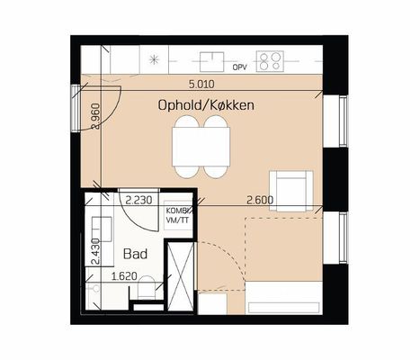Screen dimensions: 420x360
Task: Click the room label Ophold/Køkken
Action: click(206, 105)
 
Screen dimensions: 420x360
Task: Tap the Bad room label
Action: click(135, 254)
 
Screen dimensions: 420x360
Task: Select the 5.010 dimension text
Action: click(201, 85)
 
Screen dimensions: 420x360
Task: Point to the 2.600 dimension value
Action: click(260, 200)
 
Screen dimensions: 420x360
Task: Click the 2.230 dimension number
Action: click(139, 200)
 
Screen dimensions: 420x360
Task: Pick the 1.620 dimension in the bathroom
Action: click(124, 276)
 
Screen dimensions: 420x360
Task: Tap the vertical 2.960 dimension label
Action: click(96, 116)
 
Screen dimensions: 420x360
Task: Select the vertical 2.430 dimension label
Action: click(95, 251)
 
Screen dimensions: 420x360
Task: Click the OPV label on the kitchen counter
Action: click(239, 67)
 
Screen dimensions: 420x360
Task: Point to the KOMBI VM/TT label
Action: click(178, 215)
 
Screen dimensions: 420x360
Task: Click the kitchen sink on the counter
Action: click(212, 62)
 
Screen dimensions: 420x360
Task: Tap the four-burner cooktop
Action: click(270, 61)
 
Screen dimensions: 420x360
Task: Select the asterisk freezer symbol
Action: click(154, 59)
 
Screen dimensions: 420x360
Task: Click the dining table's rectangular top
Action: click(201, 147)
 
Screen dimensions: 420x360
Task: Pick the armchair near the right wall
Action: click(291, 191)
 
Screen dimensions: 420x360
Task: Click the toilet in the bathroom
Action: click(147, 287)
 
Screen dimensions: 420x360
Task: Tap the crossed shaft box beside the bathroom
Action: click(181, 276)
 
